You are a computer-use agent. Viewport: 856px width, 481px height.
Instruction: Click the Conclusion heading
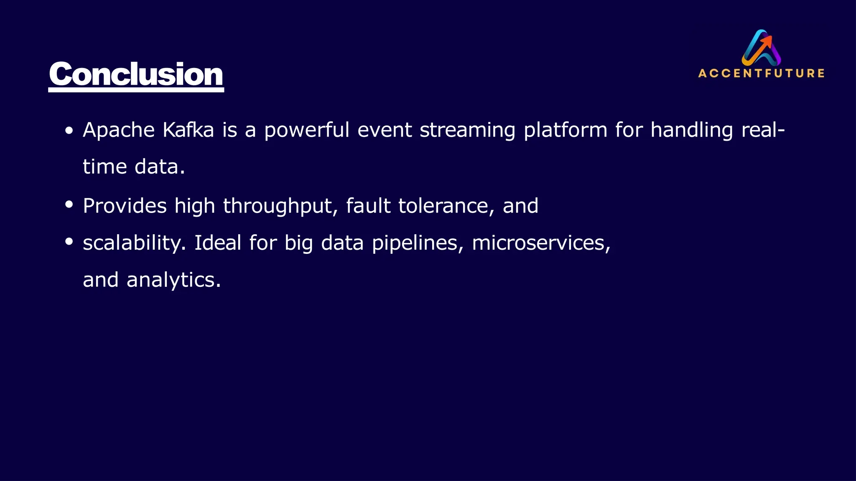(136, 74)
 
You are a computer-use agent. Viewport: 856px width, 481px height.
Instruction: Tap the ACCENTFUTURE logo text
(761, 73)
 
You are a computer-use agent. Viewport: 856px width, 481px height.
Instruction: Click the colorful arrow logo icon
(762, 48)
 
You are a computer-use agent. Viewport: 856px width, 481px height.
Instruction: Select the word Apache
(119, 130)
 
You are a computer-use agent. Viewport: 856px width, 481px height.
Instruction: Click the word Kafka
(188, 130)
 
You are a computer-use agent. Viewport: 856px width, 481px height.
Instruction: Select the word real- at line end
(763, 130)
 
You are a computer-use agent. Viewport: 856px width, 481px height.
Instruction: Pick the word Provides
(125, 206)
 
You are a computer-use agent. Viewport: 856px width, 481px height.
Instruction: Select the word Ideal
(218, 243)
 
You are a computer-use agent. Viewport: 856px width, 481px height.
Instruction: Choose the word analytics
(173, 280)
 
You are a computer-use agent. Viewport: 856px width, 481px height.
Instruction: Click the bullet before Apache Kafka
(69, 131)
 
